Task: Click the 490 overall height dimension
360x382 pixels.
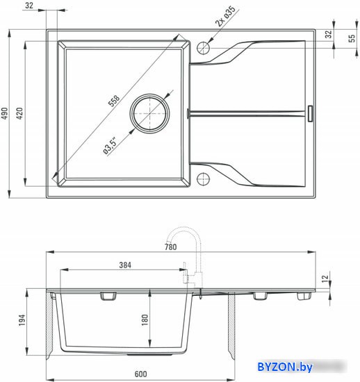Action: point(5,113)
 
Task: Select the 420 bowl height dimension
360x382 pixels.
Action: point(19,113)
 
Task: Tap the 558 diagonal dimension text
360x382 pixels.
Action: point(114,101)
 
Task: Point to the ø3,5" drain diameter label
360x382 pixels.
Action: point(110,146)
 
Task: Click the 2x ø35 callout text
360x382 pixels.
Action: point(225,16)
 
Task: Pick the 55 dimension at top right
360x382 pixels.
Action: point(352,38)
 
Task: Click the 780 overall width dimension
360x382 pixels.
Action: point(170,247)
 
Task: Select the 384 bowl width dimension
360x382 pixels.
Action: point(125,265)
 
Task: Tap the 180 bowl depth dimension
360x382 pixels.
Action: point(145,320)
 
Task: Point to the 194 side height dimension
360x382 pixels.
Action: point(22,320)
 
